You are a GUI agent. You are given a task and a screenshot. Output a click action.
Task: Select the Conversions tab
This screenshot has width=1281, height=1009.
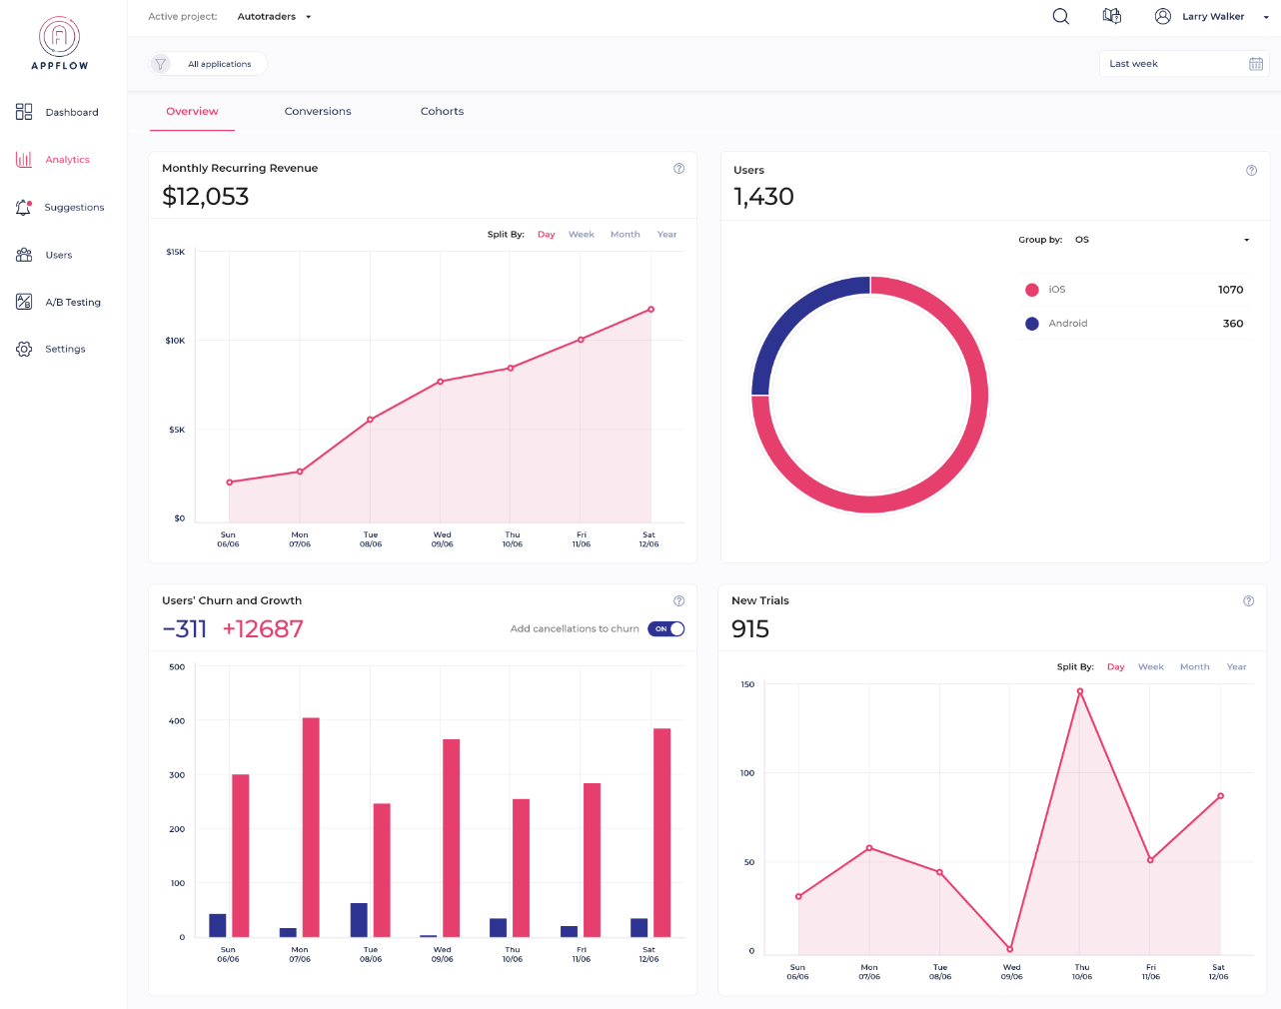[318, 112]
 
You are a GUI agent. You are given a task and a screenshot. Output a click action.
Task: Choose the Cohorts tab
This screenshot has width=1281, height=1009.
[442, 112]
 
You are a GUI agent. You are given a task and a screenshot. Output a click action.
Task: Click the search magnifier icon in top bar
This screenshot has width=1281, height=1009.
[1060, 17]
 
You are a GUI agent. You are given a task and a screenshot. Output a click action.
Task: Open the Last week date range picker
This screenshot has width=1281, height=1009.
[1184, 64]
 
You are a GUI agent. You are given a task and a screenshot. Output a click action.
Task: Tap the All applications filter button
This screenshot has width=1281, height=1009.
[208, 64]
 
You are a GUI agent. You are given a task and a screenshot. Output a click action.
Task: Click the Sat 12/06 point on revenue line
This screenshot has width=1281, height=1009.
[650, 310]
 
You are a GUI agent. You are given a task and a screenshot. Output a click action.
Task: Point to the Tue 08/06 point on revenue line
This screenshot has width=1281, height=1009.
[370, 420]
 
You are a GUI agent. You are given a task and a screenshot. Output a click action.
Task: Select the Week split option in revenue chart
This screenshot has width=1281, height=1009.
[581, 235]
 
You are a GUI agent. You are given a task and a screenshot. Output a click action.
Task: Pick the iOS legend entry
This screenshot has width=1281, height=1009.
[1056, 290]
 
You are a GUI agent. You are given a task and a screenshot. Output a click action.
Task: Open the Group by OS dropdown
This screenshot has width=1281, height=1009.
[1161, 240]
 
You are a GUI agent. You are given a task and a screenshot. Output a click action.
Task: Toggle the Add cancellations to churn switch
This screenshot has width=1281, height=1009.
[665, 629]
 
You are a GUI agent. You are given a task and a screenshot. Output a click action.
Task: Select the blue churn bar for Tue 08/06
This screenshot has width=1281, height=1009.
[359, 920]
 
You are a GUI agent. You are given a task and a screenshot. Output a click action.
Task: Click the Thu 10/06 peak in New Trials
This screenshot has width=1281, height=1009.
[1079, 691]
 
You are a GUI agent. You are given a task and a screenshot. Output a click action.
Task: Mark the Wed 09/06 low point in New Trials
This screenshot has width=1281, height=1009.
[1010, 949]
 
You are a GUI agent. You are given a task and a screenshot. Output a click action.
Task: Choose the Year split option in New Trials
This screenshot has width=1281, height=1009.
[1236, 667]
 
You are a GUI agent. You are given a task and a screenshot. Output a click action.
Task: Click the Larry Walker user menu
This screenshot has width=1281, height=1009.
[1211, 17]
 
